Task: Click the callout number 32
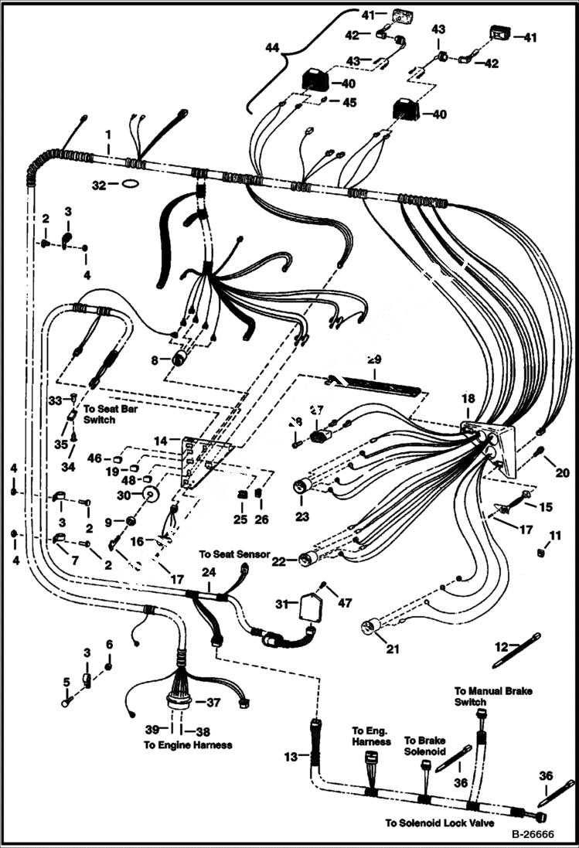pos(97,186)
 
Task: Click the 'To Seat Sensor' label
pos(234,554)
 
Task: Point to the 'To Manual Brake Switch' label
pos(481,696)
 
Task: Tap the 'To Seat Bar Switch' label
pos(99,414)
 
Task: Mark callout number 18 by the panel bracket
pos(468,398)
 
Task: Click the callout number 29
pos(374,360)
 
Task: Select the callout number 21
pos(393,649)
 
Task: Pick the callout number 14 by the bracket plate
pos(159,441)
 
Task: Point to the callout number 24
pos(206,573)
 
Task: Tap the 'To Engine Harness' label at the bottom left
pos(188,745)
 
